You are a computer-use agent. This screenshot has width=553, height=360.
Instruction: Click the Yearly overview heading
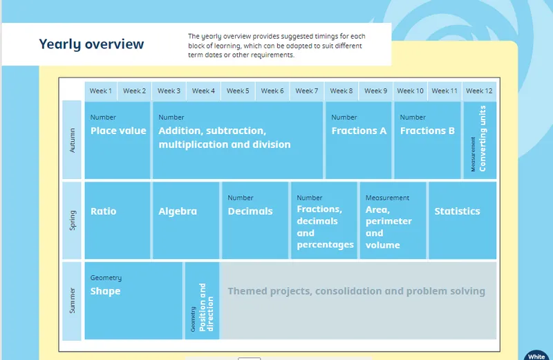91,44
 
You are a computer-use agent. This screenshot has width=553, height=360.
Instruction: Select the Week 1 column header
100,91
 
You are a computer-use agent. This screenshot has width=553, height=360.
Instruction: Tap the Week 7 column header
306,91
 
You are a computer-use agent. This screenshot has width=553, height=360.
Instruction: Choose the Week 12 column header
479,91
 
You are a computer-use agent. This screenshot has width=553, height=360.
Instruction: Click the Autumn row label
73,140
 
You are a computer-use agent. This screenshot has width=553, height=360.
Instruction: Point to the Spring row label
73,220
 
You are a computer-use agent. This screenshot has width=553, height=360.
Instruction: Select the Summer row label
73,301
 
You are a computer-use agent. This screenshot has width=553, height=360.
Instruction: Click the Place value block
118,140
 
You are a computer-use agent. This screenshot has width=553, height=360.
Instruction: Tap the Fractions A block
359,140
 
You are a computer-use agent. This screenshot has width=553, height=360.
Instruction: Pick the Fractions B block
427,140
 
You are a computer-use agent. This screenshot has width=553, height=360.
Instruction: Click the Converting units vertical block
479,140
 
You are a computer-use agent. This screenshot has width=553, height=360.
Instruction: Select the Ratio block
118,220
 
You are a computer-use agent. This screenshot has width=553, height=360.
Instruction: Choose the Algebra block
186,220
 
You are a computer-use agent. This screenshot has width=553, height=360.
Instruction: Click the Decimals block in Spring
254,220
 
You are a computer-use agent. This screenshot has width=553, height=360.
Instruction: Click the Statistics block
462,220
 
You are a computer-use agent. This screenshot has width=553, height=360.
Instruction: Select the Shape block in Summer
133,301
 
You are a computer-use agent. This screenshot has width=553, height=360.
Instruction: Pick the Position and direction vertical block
202,301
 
